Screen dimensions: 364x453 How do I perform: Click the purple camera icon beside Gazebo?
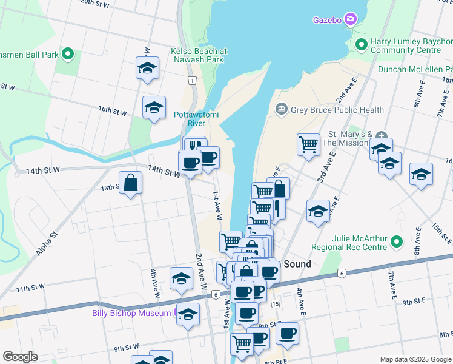[x=351, y=19]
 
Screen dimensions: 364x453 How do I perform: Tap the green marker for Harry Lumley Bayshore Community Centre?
[x=362, y=44]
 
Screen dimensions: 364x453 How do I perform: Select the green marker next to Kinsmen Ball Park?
[x=68, y=54]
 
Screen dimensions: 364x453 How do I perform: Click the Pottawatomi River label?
[x=190, y=118]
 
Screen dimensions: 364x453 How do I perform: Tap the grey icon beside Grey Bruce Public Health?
[x=281, y=110]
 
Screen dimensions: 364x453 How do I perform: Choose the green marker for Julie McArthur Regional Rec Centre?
[x=397, y=243]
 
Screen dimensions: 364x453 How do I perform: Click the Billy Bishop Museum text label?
[x=131, y=313]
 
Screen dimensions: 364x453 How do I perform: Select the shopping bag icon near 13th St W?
[x=131, y=181]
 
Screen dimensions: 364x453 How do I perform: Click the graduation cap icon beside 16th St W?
[x=154, y=107]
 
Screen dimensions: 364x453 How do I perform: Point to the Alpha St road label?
[x=46, y=243]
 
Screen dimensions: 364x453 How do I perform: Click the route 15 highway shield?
[x=276, y=303]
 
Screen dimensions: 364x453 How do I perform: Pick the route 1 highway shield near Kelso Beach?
[x=191, y=81]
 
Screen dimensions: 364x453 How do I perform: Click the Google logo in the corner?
[x=21, y=357]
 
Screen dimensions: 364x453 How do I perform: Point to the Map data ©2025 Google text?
[x=415, y=359]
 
